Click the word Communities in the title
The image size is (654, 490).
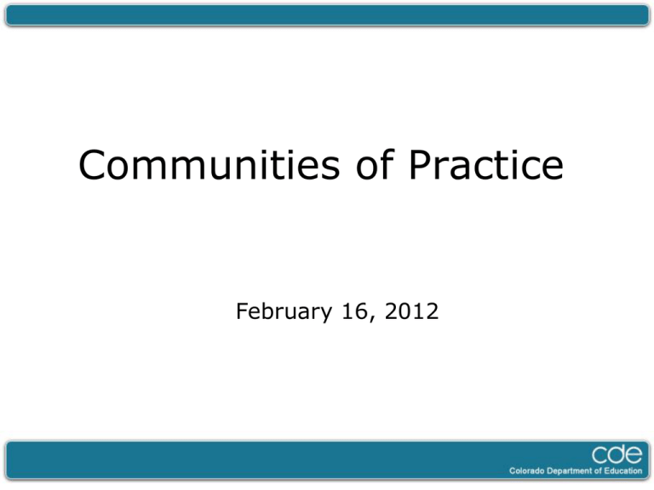[x=209, y=165]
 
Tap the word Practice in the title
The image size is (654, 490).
[x=486, y=165]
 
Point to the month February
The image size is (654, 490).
[x=284, y=312]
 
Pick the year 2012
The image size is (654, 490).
[x=411, y=311]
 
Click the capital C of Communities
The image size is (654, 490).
[x=92, y=165]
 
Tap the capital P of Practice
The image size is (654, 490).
[x=420, y=165]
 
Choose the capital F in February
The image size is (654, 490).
[x=243, y=311]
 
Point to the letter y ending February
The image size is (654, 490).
[x=325, y=316]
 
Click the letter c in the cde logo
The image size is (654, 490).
[x=599, y=455]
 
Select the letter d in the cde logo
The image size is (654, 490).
[x=616, y=453]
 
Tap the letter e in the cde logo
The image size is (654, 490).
[x=634, y=454]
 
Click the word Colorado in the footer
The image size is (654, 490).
[x=527, y=471]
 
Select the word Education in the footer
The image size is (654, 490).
[x=623, y=471]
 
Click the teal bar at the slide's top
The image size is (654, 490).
[x=327, y=15]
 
